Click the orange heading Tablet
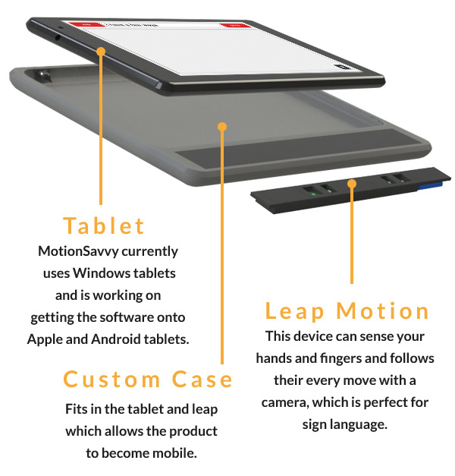[104, 225]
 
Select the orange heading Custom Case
[148, 379]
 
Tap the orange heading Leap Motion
[347, 311]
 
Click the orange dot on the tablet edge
[101, 50]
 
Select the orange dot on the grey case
[222, 126]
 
